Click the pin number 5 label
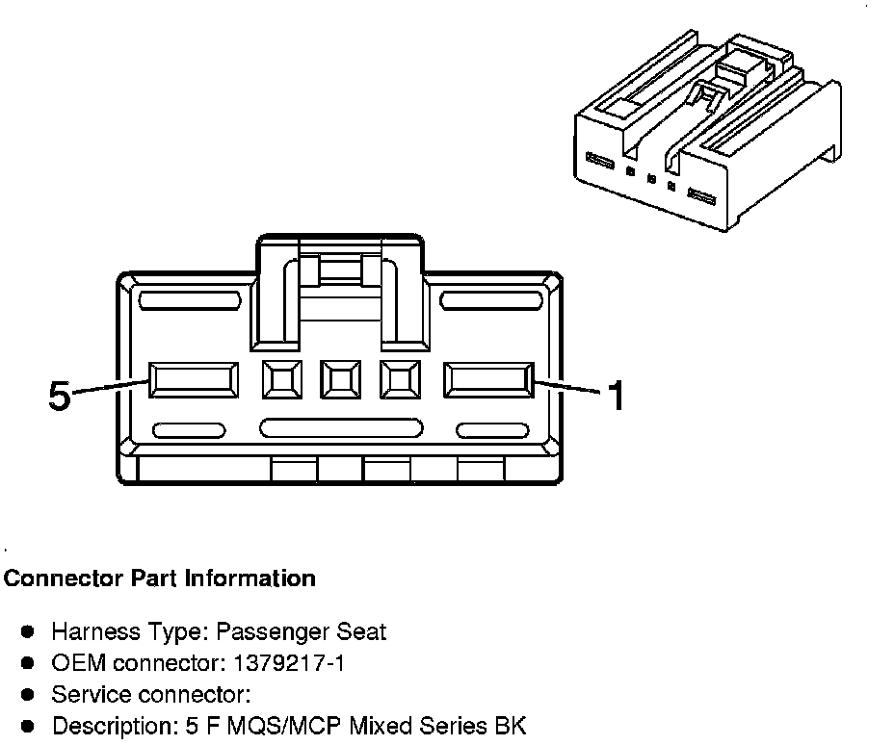point(60,396)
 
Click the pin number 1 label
point(615,395)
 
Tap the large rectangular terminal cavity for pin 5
point(193,380)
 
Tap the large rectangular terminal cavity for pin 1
point(487,380)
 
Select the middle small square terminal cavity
point(340,380)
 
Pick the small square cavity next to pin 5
point(282,380)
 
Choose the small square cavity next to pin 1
point(399,380)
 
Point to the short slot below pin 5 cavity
point(189,430)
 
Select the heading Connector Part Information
point(160,578)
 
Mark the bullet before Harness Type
point(29,632)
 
